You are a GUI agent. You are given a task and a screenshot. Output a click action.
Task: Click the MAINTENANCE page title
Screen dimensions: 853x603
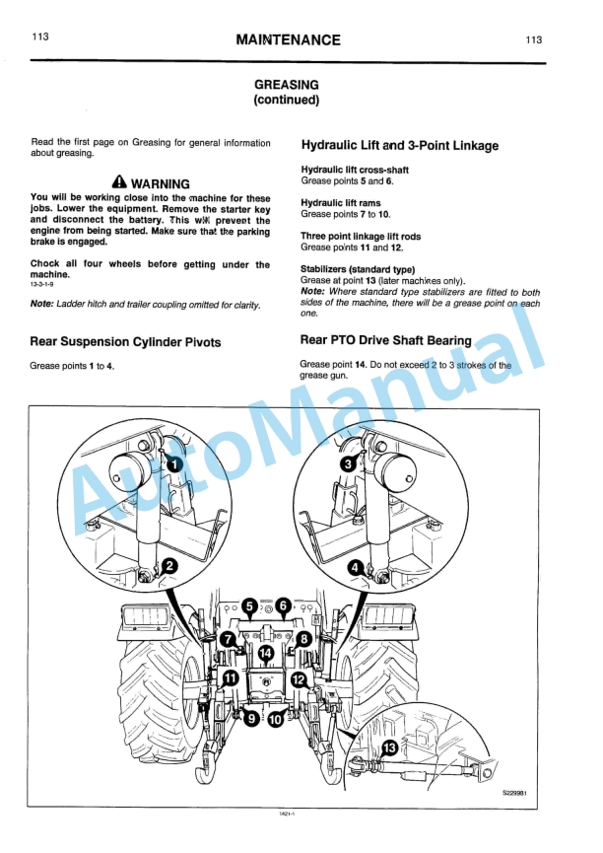click(x=288, y=40)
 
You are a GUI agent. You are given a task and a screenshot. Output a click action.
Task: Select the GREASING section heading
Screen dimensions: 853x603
click(x=286, y=86)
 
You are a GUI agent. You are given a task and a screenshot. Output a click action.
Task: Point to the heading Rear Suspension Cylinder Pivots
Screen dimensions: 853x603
click(x=126, y=342)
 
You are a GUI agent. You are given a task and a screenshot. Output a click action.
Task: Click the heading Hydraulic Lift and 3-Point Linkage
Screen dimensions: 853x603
click(x=399, y=146)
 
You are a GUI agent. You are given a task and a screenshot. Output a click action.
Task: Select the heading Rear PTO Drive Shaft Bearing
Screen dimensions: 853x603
click(x=385, y=340)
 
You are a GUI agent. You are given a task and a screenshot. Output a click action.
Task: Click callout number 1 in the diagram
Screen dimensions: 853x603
click(x=173, y=464)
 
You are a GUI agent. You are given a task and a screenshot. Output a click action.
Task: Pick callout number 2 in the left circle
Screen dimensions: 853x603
click(x=168, y=565)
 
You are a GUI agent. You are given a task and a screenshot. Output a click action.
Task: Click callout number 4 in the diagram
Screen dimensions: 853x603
click(x=356, y=567)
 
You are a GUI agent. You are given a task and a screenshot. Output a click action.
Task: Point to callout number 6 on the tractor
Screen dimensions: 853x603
click(x=283, y=605)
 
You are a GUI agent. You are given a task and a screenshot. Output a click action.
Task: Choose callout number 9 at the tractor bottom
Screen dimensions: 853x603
click(x=251, y=719)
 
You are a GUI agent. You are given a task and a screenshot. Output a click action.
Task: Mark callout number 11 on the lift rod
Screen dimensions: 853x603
click(x=229, y=677)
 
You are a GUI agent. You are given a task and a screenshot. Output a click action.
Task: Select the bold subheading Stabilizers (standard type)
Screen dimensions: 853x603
click(x=358, y=268)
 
